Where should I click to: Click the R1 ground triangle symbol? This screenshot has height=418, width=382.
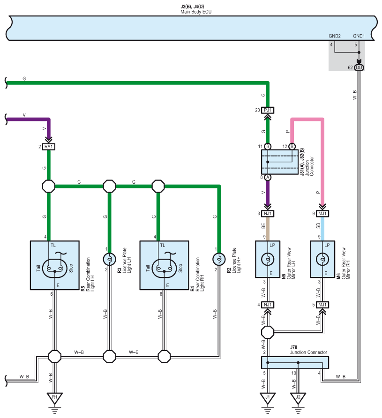click(x=55, y=398)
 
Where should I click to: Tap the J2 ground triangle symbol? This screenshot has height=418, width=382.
click(x=298, y=398)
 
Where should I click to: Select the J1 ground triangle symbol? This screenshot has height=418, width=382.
click(x=268, y=398)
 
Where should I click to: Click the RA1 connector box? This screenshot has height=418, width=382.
click(x=49, y=147)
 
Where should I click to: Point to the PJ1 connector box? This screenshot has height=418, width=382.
click(x=268, y=110)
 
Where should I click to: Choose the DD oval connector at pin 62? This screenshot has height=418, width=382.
click(x=359, y=67)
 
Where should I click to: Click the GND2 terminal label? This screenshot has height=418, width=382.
click(x=335, y=36)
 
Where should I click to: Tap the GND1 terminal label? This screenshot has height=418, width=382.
click(x=359, y=36)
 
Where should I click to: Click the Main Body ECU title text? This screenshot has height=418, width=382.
click(x=196, y=12)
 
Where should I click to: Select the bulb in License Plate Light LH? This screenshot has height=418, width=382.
click(x=109, y=259)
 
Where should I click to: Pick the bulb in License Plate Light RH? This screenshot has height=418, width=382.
click(x=219, y=259)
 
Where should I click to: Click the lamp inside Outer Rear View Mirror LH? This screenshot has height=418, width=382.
click(x=268, y=259)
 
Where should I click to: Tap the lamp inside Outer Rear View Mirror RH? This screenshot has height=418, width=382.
click(x=322, y=259)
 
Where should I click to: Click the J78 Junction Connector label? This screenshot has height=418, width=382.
click(x=308, y=350)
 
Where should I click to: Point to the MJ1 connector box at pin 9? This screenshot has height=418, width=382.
click(x=322, y=214)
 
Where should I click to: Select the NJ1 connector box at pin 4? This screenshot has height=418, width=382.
click(x=268, y=305)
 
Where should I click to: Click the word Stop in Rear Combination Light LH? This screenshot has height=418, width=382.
click(x=71, y=268)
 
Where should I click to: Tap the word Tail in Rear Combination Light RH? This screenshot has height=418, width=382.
click(x=148, y=268)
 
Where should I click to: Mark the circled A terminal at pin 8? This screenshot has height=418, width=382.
click(x=268, y=177)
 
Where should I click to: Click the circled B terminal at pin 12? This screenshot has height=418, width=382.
click(x=292, y=146)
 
